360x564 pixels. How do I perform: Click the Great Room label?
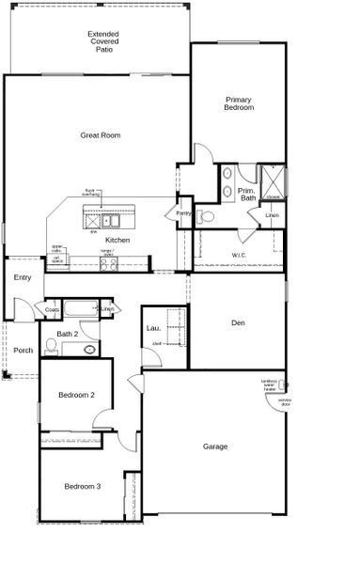point(100,135)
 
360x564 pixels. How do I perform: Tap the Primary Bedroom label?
point(239,103)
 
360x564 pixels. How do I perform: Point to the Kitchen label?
point(117,241)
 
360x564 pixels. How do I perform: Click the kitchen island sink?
point(111,222)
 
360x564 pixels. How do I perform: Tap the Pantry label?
point(183,213)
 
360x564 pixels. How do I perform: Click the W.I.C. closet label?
point(238,255)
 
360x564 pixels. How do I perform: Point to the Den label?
point(238,322)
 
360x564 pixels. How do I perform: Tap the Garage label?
point(215,446)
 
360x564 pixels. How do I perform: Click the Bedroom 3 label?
point(82,486)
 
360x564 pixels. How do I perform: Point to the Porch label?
point(23,351)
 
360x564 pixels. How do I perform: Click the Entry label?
point(23,277)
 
